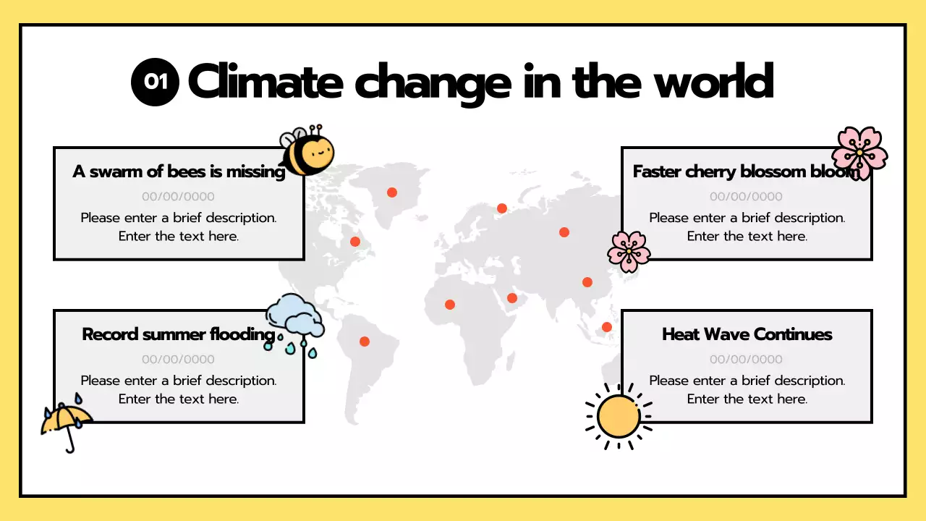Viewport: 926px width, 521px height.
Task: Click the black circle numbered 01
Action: click(155, 82)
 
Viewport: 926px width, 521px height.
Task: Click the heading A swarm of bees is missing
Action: click(179, 171)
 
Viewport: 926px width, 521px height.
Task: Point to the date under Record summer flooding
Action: click(178, 359)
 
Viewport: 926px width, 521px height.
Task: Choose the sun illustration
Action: click(619, 417)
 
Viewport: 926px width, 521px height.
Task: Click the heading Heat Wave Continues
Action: click(747, 334)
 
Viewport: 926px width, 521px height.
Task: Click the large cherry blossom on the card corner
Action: click(859, 153)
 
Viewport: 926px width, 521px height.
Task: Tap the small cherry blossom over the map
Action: click(629, 251)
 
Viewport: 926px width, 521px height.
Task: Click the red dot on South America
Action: click(365, 342)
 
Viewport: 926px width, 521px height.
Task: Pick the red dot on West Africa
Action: click(450, 305)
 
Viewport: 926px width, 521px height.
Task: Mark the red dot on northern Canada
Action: click(392, 192)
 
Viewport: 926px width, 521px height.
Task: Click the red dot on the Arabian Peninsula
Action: click(512, 298)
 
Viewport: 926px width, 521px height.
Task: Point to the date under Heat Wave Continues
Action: click(746, 359)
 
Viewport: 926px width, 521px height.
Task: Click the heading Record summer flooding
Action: click(179, 334)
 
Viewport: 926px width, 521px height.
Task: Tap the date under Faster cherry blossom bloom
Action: click(746, 196)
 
